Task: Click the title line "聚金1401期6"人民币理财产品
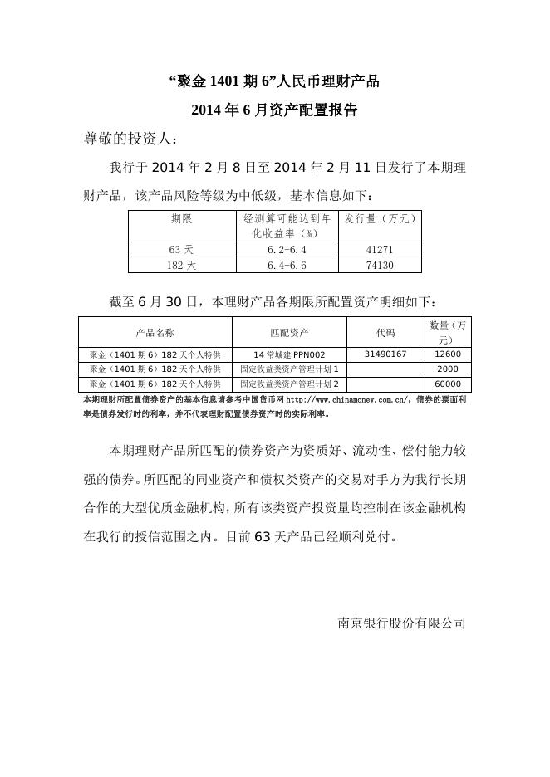(274, 81)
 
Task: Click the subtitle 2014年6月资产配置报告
(274, 110)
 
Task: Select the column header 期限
(182, 219)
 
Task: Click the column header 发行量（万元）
(380, 219)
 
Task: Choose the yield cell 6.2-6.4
(287, 250)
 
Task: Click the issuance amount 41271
(380, 250)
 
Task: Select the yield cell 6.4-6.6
(287, 266)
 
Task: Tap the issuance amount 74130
(380, 266)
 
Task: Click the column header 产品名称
(155, 332)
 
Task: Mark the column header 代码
(385, 332)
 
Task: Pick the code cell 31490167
(385, 354)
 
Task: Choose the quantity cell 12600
(447, 354)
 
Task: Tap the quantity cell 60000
(447, 384)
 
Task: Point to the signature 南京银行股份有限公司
(401, 622)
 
